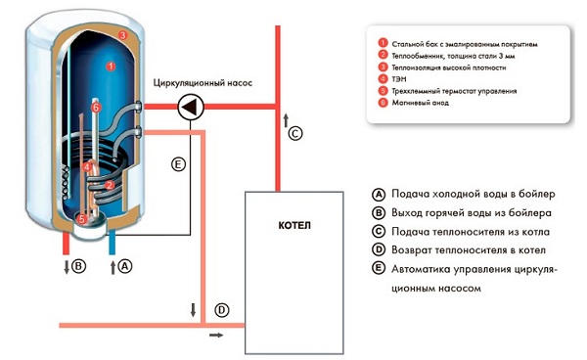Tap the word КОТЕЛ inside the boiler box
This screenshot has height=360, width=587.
(x=294, y=227)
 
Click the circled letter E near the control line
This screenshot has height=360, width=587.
(x=178, y=165)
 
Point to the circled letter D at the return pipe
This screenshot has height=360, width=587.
(x=222, y=311)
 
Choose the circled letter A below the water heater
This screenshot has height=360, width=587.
(x=125, y=264)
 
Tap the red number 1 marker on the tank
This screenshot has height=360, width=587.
(x=110, y=67)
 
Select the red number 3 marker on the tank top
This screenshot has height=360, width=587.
(x=122, y=35)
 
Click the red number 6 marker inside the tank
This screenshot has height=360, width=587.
(x=96, y=106)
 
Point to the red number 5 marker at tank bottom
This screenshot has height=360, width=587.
(x=82, y=218)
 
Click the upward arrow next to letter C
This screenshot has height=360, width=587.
(x=286, y=120)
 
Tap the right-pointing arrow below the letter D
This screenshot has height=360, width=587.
(x=215, y=336)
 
